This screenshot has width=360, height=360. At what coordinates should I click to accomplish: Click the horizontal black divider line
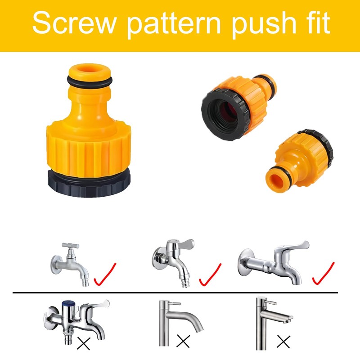pyautogui.click(x=180, y=293)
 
